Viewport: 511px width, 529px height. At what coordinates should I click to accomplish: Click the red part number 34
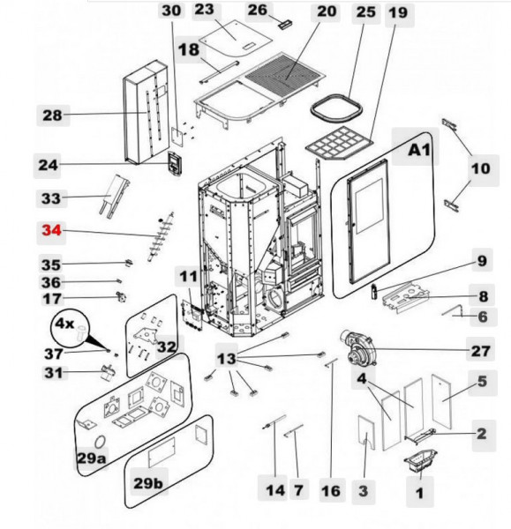tap(52, 231)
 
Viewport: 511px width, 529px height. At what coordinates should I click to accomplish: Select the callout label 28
tap(53, 115)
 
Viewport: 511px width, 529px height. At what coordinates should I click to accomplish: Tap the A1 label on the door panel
tap(418, 151)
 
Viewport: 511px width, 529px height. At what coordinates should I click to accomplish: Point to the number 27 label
tap(480, 350)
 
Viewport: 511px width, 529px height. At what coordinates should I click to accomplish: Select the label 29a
tap(93, 458)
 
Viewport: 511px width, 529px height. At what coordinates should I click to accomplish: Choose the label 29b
tap(148, 484)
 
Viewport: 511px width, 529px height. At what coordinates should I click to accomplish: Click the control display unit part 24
tap(175, 164)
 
